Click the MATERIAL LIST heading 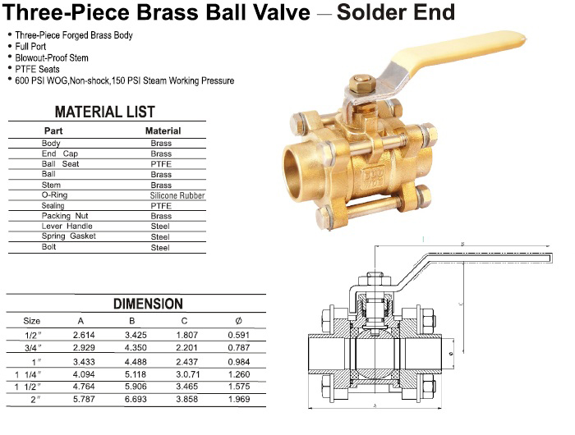[104, 112]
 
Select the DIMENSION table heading [148, 304]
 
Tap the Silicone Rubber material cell [177, 195]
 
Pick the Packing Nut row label [66, 216]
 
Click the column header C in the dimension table [184, 320]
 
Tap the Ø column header [238, 320]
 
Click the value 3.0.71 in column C [186, 373]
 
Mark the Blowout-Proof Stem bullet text [51, 58]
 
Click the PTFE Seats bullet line [37, 70]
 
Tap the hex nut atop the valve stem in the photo [359, 83]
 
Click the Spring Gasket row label [69, 236]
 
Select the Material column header [163, 130]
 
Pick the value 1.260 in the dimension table [239, 373]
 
